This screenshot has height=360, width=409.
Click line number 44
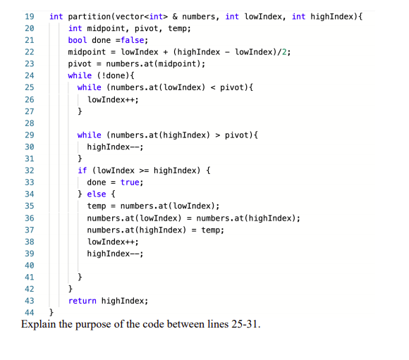click(x=29, y=312)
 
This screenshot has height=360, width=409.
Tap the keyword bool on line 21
click(x=78, y=40)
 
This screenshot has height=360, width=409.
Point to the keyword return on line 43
click(x=82, y=300)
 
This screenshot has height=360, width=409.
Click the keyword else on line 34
click(x=96, y=194)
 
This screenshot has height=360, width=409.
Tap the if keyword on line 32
click(x=82, y=170)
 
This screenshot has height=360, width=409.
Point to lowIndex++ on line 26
click(x=111, y=99)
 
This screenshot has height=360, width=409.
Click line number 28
click(x=29, y=123)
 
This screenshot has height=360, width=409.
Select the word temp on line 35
click(x=96, y=206)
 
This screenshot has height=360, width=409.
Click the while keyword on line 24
click(x=80, y=75)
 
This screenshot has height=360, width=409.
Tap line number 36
click(x=29, y=218)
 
